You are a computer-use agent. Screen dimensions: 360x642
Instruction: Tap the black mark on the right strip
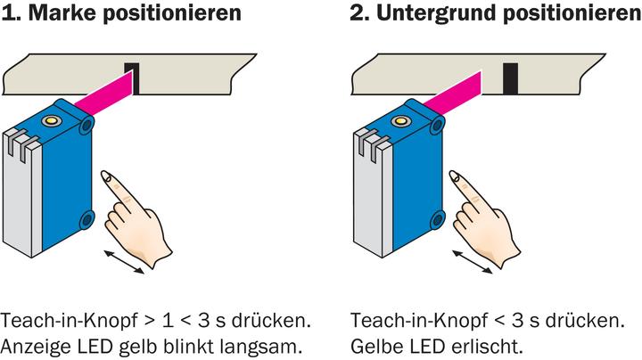point(510,78)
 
